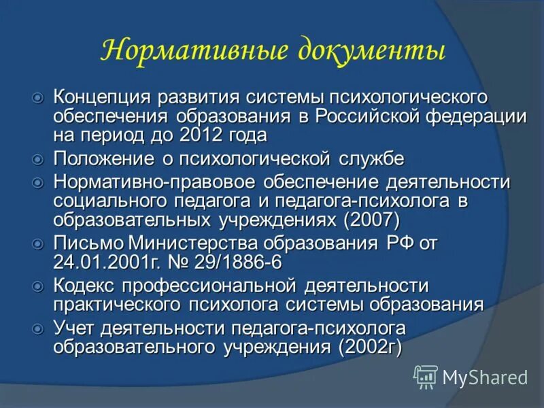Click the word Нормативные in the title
click(188, 51)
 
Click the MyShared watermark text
click(485, 376)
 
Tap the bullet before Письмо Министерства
click(38, 243)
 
